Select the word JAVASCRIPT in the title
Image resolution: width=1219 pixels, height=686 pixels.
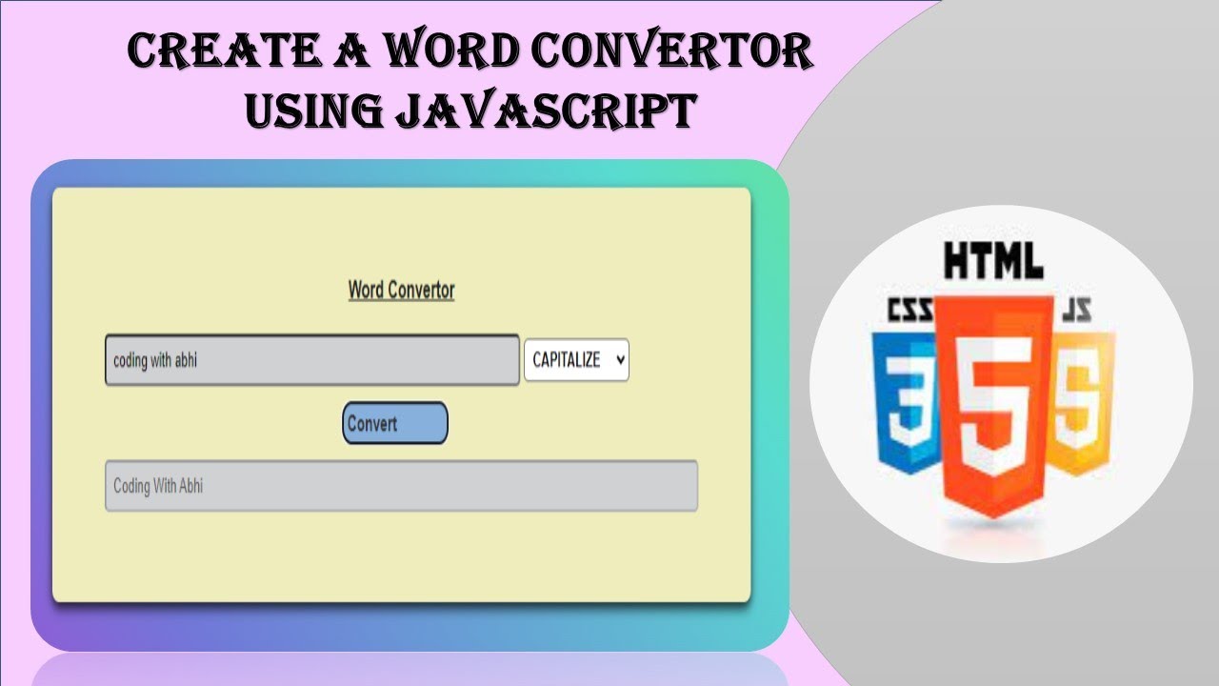click(545, 111)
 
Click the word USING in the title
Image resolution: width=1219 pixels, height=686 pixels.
click(312, 111)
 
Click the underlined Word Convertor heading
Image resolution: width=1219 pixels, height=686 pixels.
click(401, 290)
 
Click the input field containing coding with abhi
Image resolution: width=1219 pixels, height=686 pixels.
click(311, 360)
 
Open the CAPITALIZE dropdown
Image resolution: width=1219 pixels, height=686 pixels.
click(576, 360)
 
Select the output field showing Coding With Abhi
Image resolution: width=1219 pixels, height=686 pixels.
click(401, 486)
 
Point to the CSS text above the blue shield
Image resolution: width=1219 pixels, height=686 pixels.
click(909, 311)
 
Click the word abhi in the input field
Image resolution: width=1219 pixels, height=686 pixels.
click(186, 360)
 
